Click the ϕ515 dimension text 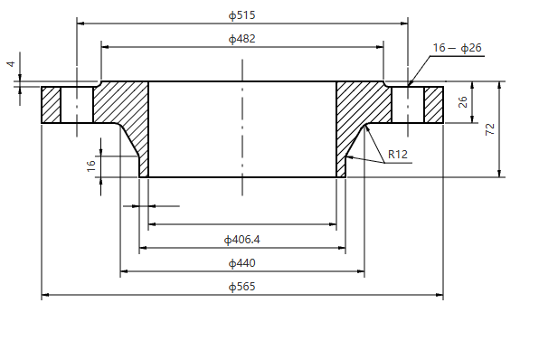242,15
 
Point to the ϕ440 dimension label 242,263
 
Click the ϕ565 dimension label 242,287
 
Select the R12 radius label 398,155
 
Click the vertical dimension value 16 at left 90,166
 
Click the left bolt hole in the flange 77,105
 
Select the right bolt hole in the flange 408,105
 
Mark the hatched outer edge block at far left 51,105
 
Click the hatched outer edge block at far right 434,105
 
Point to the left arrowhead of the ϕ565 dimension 45,295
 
